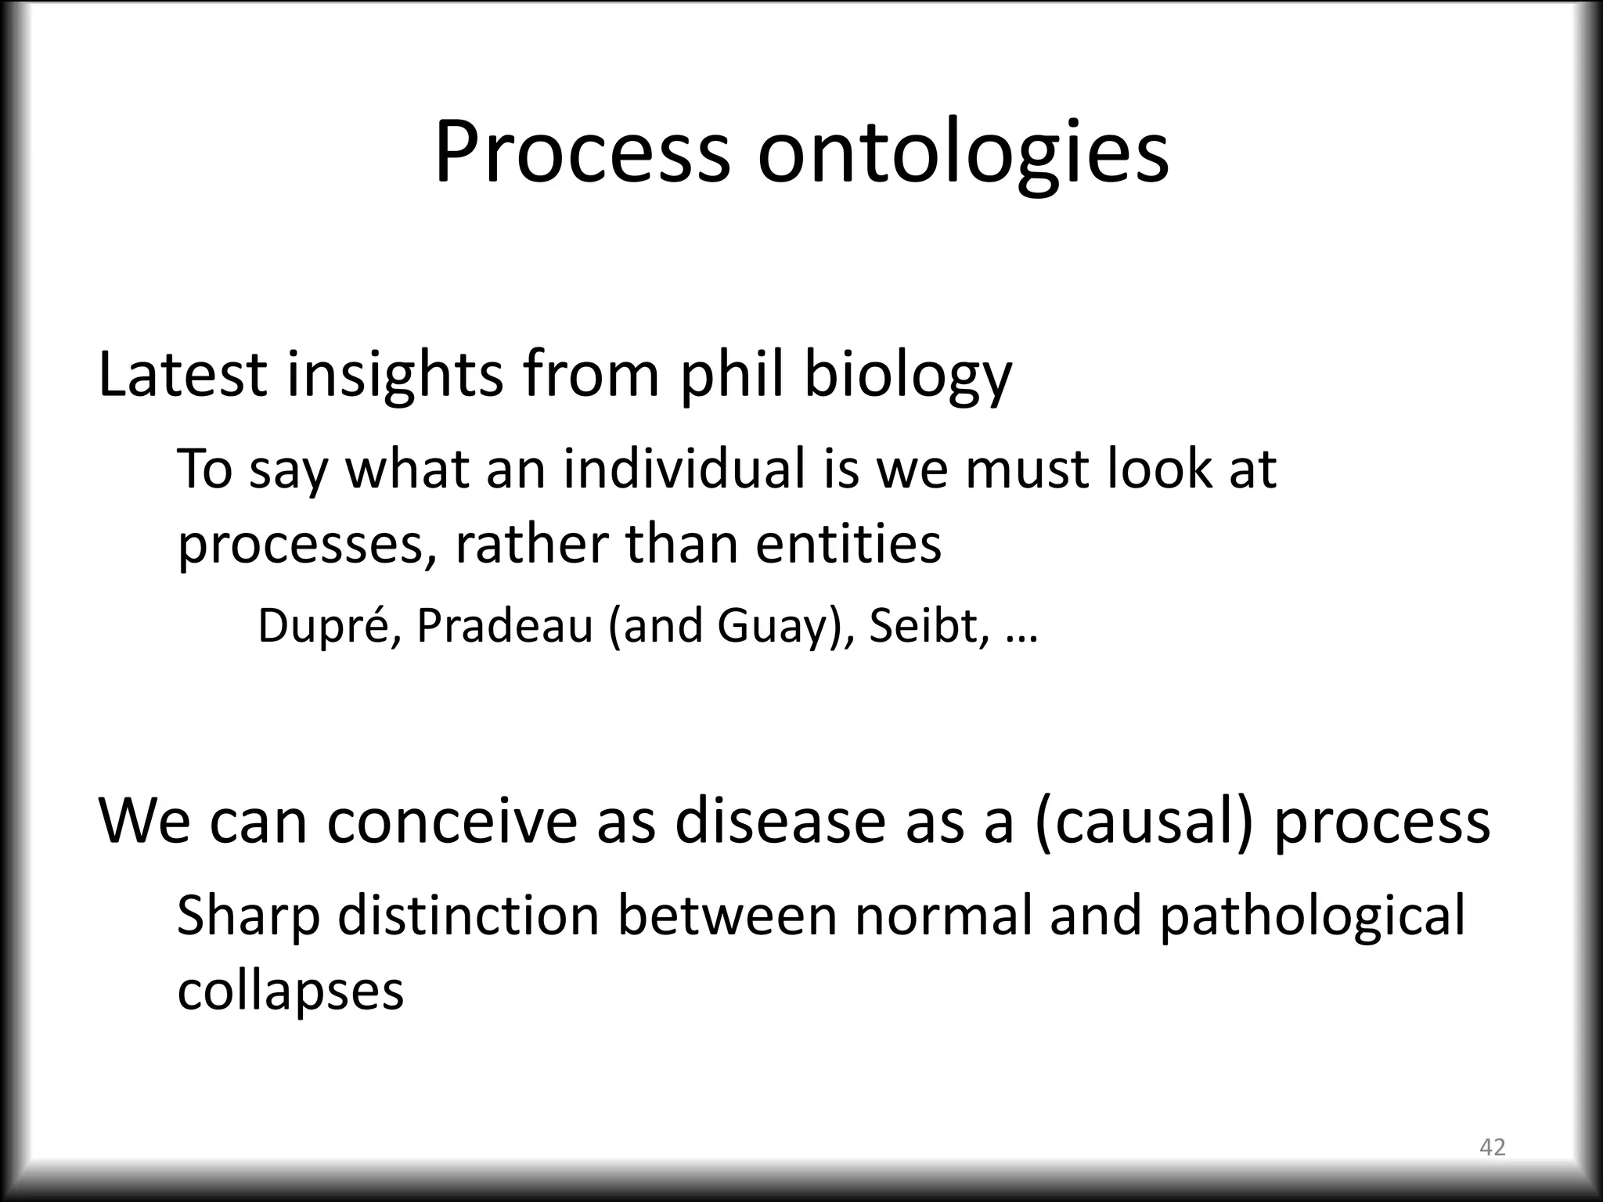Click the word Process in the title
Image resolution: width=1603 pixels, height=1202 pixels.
click(582, 153)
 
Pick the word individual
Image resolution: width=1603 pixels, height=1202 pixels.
click(685, 470)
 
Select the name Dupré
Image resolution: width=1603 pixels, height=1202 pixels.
click(329, 626)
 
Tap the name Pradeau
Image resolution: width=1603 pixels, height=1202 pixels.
click(504, 626)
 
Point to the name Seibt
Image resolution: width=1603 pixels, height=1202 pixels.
click(924, 626)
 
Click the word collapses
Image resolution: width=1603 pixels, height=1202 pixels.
click(290, 991)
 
